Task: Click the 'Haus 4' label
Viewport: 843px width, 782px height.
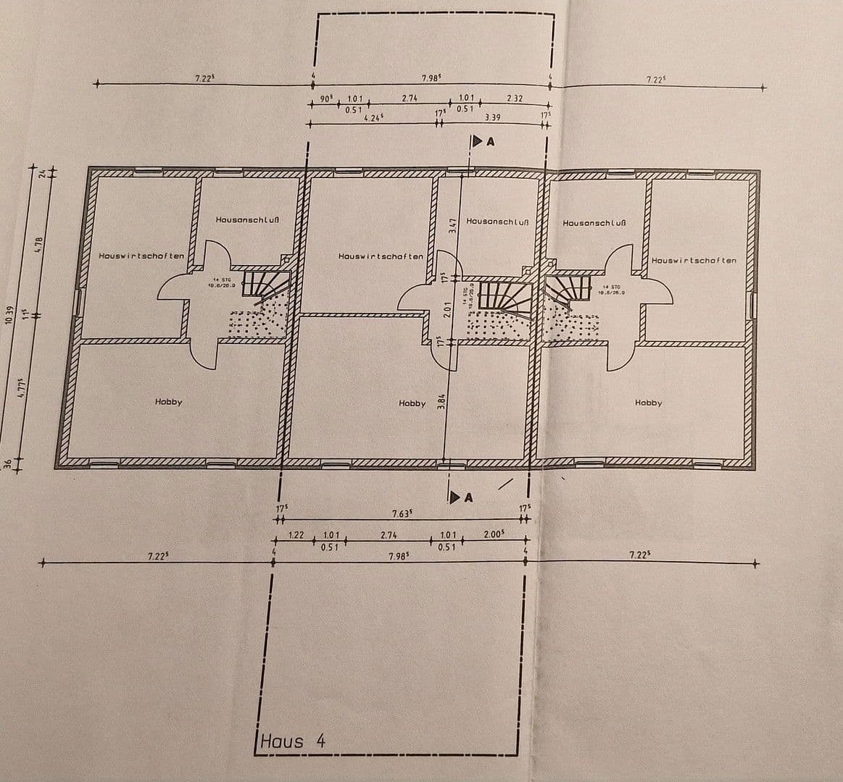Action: (293, 741)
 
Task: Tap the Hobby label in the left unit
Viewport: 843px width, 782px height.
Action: (168, 402)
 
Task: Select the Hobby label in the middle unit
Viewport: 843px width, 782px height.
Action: (412, 403)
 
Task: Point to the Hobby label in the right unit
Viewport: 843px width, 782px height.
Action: (648, 403)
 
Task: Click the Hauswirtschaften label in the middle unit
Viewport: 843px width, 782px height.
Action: (381, 257)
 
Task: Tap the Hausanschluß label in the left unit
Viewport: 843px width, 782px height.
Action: (248, 219)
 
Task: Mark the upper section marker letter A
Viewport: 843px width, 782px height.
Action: (491, 143)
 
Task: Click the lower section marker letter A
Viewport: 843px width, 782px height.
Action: (468, 497)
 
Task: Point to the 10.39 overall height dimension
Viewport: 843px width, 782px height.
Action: (9, 316)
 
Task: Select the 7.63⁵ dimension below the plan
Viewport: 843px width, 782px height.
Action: (402, 513)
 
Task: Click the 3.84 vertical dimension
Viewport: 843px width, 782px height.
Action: (441, 403)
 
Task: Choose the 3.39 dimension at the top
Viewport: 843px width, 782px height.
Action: (492, 116)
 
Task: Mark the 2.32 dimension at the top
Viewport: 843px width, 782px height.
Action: (515, 98)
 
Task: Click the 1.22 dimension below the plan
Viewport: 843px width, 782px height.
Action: (296, 535)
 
